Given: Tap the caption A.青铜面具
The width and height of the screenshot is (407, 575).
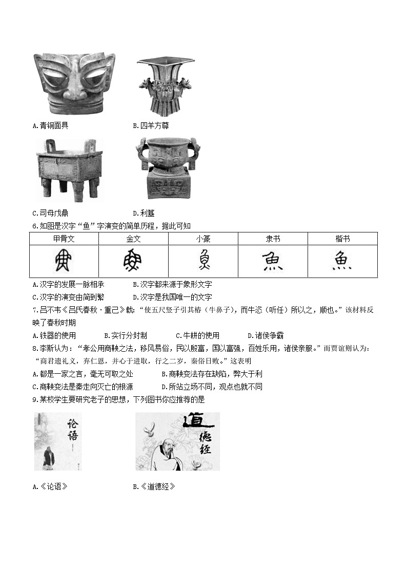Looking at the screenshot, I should (50, 125).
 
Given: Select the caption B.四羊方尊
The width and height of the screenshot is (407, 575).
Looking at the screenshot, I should (151, 125).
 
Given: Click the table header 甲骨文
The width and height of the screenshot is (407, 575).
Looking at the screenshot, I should (64, 239).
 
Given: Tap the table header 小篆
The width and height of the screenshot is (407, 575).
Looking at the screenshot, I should (203, 239).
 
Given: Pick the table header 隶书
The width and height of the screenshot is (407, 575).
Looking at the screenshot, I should (273, 239).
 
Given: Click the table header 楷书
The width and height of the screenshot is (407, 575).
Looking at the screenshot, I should (342, 239).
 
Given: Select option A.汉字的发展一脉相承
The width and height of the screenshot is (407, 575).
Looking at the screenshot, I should (68, 284).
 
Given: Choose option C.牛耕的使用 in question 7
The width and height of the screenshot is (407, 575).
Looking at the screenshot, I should (197, 335).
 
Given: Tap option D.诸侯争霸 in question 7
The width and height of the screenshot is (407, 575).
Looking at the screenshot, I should (266, 335).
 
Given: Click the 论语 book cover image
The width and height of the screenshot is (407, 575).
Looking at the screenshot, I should (57, 441).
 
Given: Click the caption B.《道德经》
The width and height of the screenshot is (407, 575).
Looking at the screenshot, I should (154, 486).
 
